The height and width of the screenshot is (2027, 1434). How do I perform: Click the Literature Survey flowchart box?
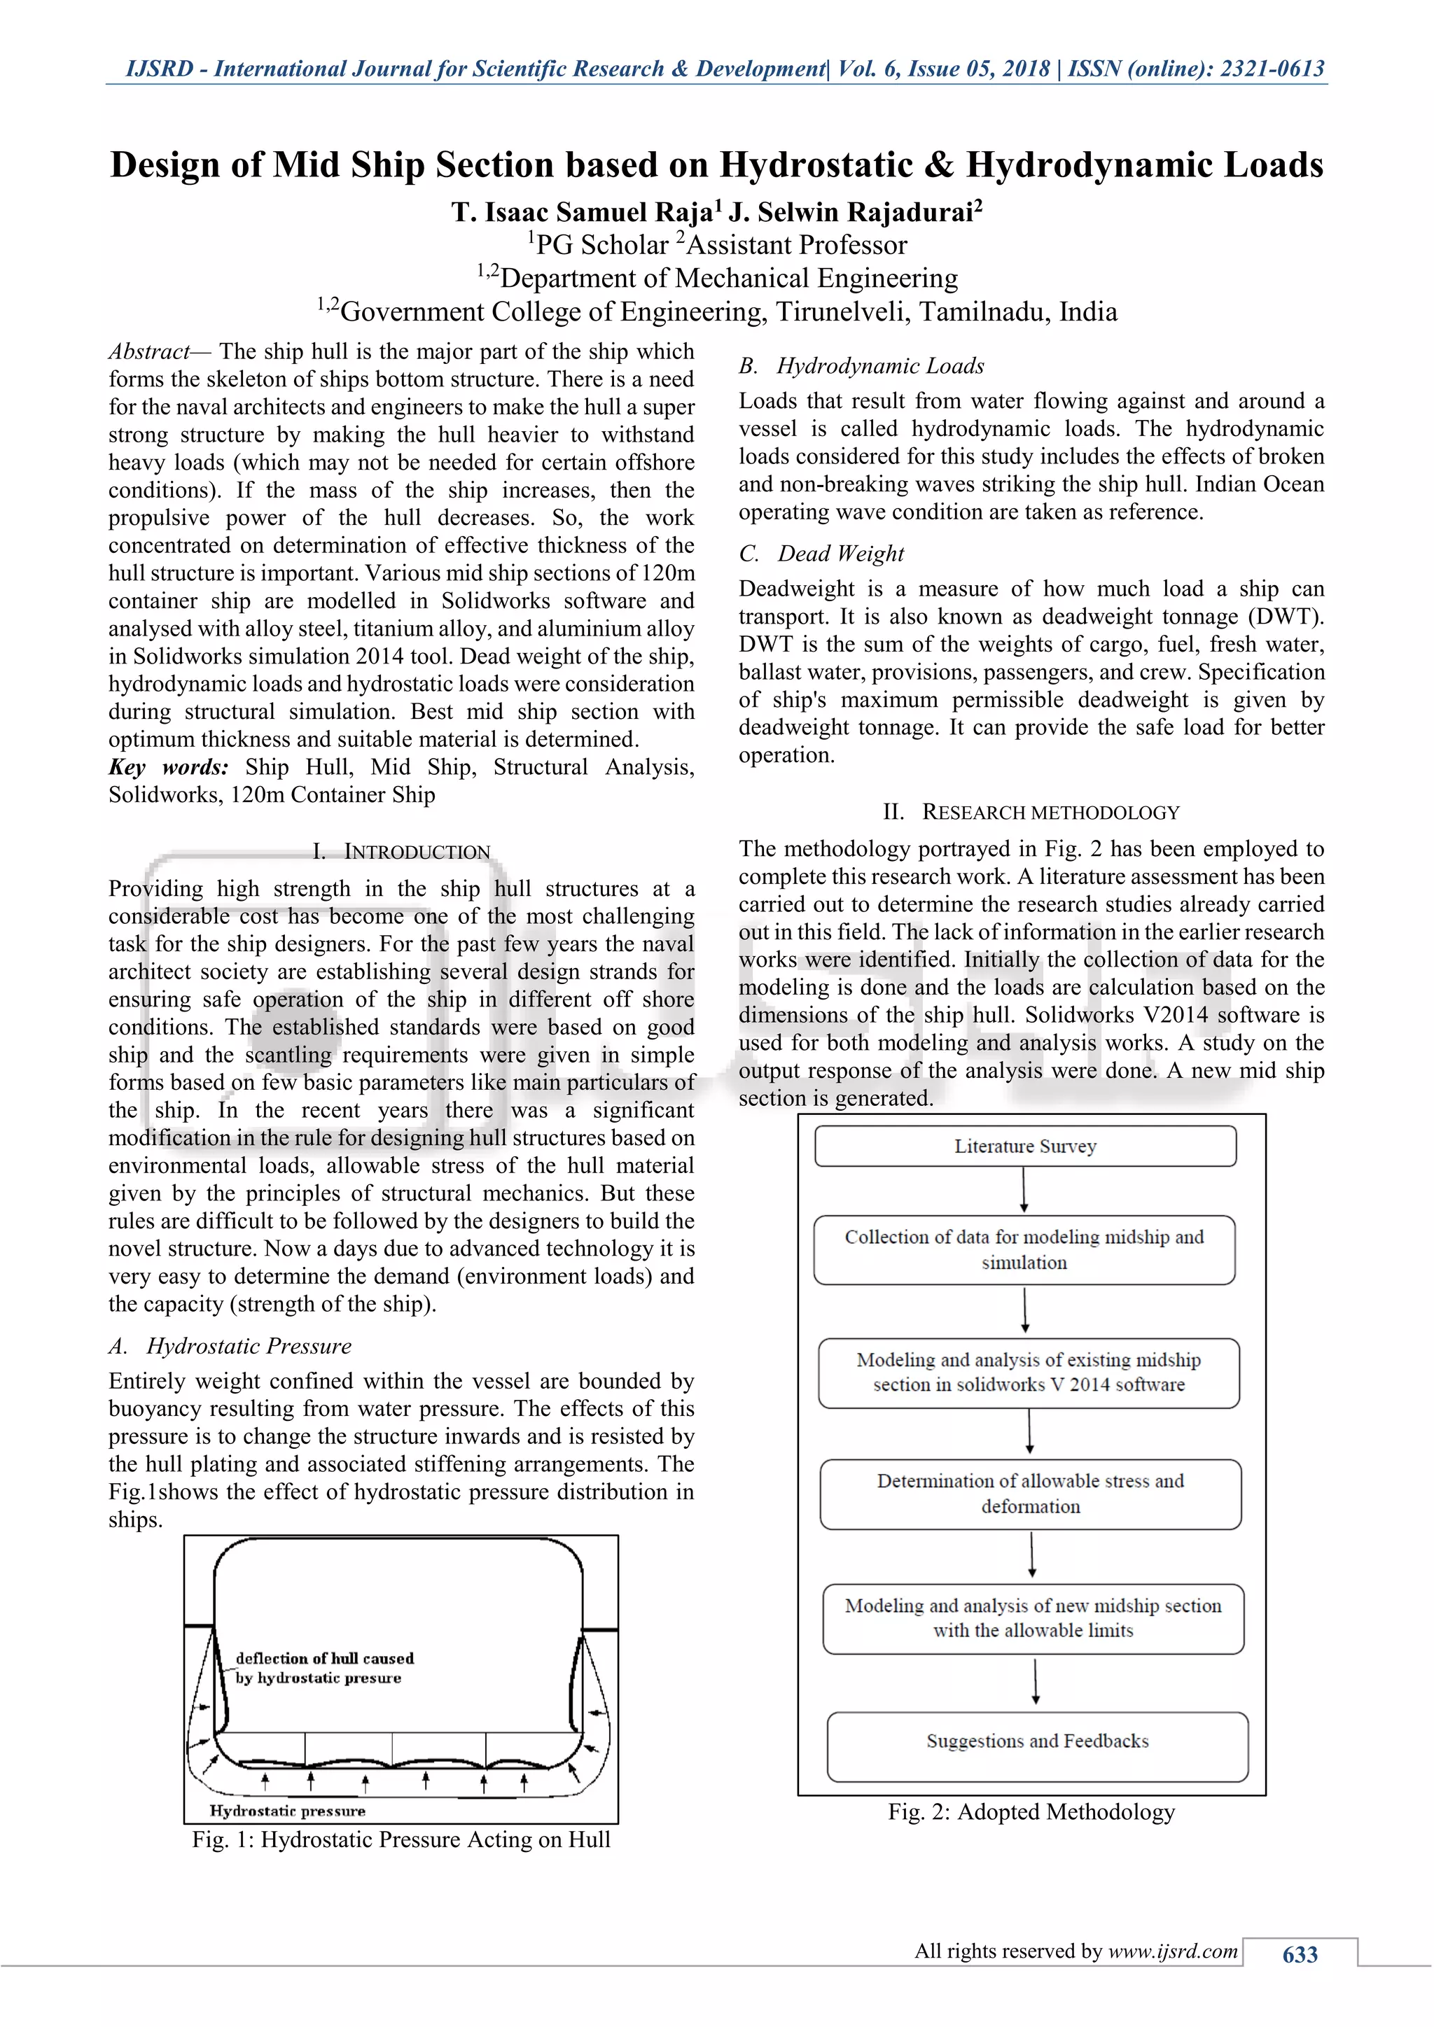[1024, 1146]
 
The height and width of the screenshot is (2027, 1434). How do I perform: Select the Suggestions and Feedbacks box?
[1037, 1741]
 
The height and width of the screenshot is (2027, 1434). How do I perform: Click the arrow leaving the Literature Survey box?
[1024, 1190]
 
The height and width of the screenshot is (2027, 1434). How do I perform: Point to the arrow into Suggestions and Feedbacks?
[1035, 1682]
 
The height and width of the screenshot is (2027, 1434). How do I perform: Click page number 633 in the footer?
[1299, 1955]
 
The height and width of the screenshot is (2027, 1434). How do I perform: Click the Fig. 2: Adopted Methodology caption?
[1031, 1812]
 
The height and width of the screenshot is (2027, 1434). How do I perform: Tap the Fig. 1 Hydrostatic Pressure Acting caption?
[401, 1840]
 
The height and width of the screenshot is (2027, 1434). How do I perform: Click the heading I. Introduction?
[401, 852]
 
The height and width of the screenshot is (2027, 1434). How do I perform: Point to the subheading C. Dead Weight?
[821, 554]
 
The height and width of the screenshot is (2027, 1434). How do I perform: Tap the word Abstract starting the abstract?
[148, 351]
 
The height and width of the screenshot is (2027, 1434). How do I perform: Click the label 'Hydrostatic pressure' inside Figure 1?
[287, 1811]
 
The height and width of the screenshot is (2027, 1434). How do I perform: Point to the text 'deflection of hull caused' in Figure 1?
[324, 1659]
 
